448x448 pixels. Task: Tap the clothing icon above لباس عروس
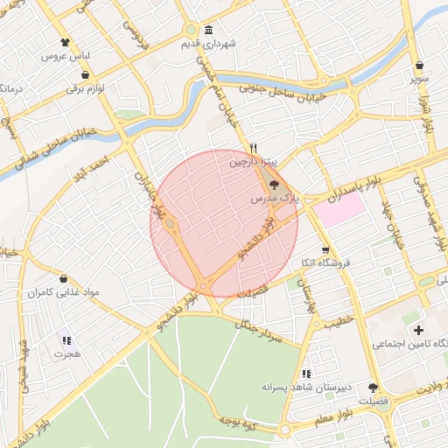click(x=65, y=42)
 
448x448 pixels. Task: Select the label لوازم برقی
click(x=94, y=89)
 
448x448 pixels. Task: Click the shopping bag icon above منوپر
click(x=420, y=65)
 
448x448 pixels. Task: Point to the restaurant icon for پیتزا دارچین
click(x=253, y=148)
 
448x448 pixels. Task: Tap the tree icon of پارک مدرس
click(x=274, y=185)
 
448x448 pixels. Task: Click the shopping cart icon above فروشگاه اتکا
click(x=325, y=248)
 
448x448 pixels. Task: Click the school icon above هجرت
click(x=66, y=340)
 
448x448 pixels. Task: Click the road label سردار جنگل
click(x=259, y=328)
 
